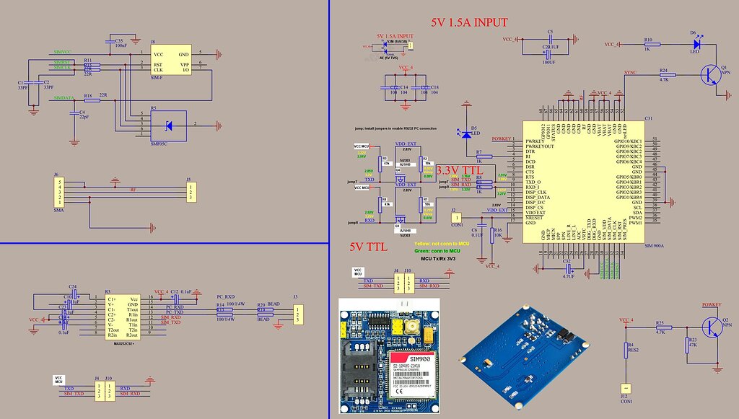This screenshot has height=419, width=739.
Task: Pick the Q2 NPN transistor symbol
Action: [714, 326]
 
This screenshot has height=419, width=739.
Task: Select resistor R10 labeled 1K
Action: [648, 45]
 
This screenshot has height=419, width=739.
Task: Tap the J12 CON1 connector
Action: [624, 389]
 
